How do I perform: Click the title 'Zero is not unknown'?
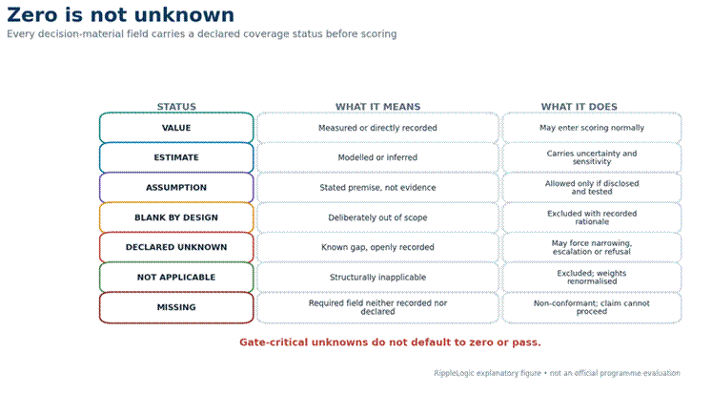tap(121, 15)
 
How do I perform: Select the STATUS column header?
tap(176, 106)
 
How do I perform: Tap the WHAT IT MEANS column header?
tap(377, 106)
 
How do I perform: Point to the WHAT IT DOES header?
tap(579, 106)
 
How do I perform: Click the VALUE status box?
tap(176, 128)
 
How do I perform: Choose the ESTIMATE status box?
tap(176, 157)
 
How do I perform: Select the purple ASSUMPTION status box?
tap(176, 188)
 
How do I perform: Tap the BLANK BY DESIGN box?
tap(176, 217)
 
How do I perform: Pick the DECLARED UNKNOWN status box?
tap(176, 247)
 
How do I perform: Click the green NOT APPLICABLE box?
tap(176, 278)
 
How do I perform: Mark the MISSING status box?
tap(176, 307)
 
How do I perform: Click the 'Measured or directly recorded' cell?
tap(377, 128)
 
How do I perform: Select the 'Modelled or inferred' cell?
tap(377, 157)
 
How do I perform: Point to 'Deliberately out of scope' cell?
tap(377, 217)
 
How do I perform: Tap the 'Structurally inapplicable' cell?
tap(377, 278)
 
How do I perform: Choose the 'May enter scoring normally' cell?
tap(592, 128)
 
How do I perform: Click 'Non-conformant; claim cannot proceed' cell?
tap(592, 307)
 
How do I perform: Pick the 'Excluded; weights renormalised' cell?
tap(592, 278)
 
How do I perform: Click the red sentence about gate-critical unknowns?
tap(390, 342)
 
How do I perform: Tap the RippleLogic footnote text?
tap(557, 373)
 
